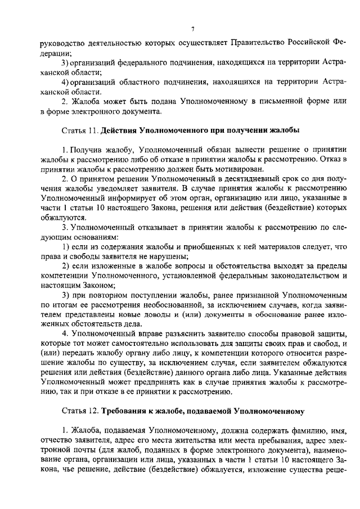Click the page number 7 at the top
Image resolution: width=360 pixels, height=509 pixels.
pos(192,29)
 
